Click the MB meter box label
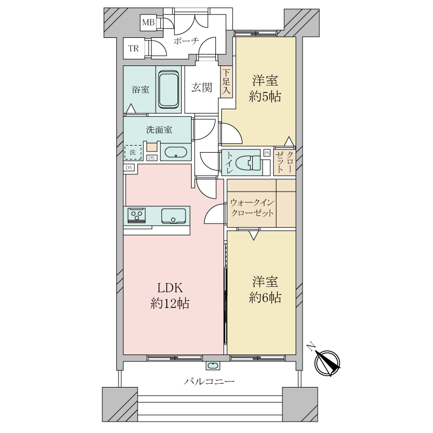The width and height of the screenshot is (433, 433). point(148,22)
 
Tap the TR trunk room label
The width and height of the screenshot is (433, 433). point(134,49)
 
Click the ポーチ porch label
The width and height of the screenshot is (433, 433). point(186,41)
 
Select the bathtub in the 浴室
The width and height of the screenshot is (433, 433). point(168,89)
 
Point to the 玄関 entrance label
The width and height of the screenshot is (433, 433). point(202,88)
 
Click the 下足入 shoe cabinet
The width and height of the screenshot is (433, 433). point(226,82)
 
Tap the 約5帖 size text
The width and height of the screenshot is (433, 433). point(265,97)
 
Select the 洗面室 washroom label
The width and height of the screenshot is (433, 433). point(159,129)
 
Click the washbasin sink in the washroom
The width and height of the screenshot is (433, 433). point(176,152)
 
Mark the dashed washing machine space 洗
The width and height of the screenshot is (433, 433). point(133,152)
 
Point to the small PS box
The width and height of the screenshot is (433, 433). point(267,153)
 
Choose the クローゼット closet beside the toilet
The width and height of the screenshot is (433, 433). point(285,162)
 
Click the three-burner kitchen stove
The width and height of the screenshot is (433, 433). point(137,215)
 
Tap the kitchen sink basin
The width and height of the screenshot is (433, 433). point(173,215)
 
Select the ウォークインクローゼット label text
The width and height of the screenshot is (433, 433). point(252,208)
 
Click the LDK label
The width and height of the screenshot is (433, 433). point(170,288)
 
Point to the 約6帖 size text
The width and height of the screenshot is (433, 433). point(265,298)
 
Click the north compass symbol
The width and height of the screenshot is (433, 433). point(327,363)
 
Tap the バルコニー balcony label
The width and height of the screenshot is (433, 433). point(209,382)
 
